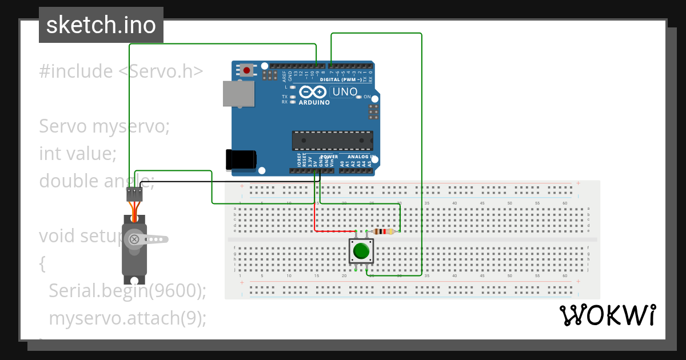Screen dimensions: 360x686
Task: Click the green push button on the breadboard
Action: [x=361, y=251]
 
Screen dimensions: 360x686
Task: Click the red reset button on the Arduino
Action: [x=246, y=70]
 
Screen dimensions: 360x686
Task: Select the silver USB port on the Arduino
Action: [x=238, y=94]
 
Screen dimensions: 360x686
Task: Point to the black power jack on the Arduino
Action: [x=240, y=159]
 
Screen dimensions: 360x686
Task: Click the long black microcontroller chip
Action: [x=332, y=141]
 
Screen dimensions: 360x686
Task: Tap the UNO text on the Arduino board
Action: [x=345, y=92]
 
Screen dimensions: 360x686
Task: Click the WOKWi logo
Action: [x=607, y=315]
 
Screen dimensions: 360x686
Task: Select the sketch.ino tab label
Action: [x=101, y=25]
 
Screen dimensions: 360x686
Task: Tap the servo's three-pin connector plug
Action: [x=134, y=194]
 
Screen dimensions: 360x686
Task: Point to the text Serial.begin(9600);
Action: [x=127, y=291]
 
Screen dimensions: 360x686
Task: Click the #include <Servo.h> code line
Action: [x=121, y=71]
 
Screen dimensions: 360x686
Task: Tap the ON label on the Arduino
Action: [x=367, y=97]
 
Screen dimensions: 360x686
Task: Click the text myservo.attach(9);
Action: [x=127, y=318]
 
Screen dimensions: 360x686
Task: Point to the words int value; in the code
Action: [x=78, y=154]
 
